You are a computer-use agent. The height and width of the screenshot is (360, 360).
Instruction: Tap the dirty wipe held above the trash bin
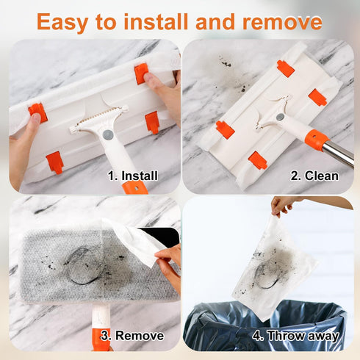[276, 264]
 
